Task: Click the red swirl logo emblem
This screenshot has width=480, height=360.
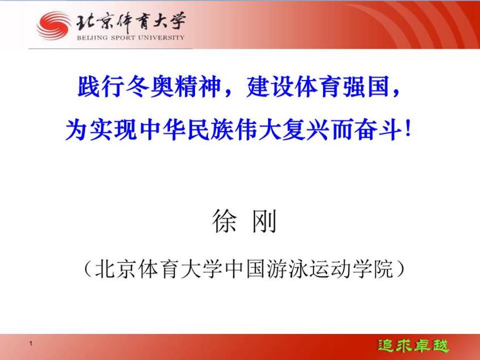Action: (54, 26)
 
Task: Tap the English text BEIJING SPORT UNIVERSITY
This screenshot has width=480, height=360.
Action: (131, 37)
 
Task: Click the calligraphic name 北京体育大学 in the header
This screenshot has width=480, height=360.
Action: (131, 22)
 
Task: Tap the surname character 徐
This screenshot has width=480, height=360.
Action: (224, 221)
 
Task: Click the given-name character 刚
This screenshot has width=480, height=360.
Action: (264, 221)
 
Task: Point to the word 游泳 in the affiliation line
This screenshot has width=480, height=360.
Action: (287, 269)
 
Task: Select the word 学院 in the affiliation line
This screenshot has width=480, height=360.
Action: (373, 269)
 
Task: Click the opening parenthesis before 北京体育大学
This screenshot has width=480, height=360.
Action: (88, 269)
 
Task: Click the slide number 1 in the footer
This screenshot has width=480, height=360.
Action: (31, 344)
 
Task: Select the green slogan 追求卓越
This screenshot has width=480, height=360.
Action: (413, 346)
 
